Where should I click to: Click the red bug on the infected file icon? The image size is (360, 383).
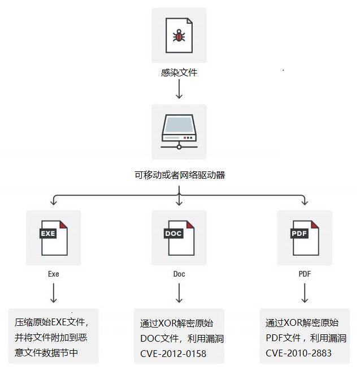coord(179,36)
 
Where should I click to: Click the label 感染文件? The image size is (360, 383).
coord(179,72)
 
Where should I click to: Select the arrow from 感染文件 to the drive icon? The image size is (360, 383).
coord(179,89)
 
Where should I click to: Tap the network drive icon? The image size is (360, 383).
coord(179,132)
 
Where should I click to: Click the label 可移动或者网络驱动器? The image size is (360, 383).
coord(179,175)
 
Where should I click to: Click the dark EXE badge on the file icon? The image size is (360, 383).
coord(48,234)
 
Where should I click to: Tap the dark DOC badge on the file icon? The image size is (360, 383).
coord(174,234)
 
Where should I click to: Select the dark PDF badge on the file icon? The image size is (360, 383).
coord(299,234)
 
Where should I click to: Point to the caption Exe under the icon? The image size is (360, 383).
coord(54,274)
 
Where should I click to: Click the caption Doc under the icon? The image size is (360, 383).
coord(179,274)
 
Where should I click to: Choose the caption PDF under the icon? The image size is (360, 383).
coord(305,274)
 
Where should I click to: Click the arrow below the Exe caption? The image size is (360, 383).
coord(54,293)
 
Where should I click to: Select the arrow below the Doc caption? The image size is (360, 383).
coord(179,293)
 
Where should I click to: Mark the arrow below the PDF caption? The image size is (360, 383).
coord(305,293)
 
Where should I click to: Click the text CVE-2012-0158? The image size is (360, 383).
coord(174,354)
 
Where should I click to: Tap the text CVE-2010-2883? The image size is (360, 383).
coord(298,353)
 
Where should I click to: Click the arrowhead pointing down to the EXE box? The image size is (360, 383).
coord(54,203)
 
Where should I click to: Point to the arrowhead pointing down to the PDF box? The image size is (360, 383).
coord(305,203)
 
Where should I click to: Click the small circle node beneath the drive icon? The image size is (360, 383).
coord(179,147)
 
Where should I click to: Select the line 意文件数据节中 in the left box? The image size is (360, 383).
coord(46,352)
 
